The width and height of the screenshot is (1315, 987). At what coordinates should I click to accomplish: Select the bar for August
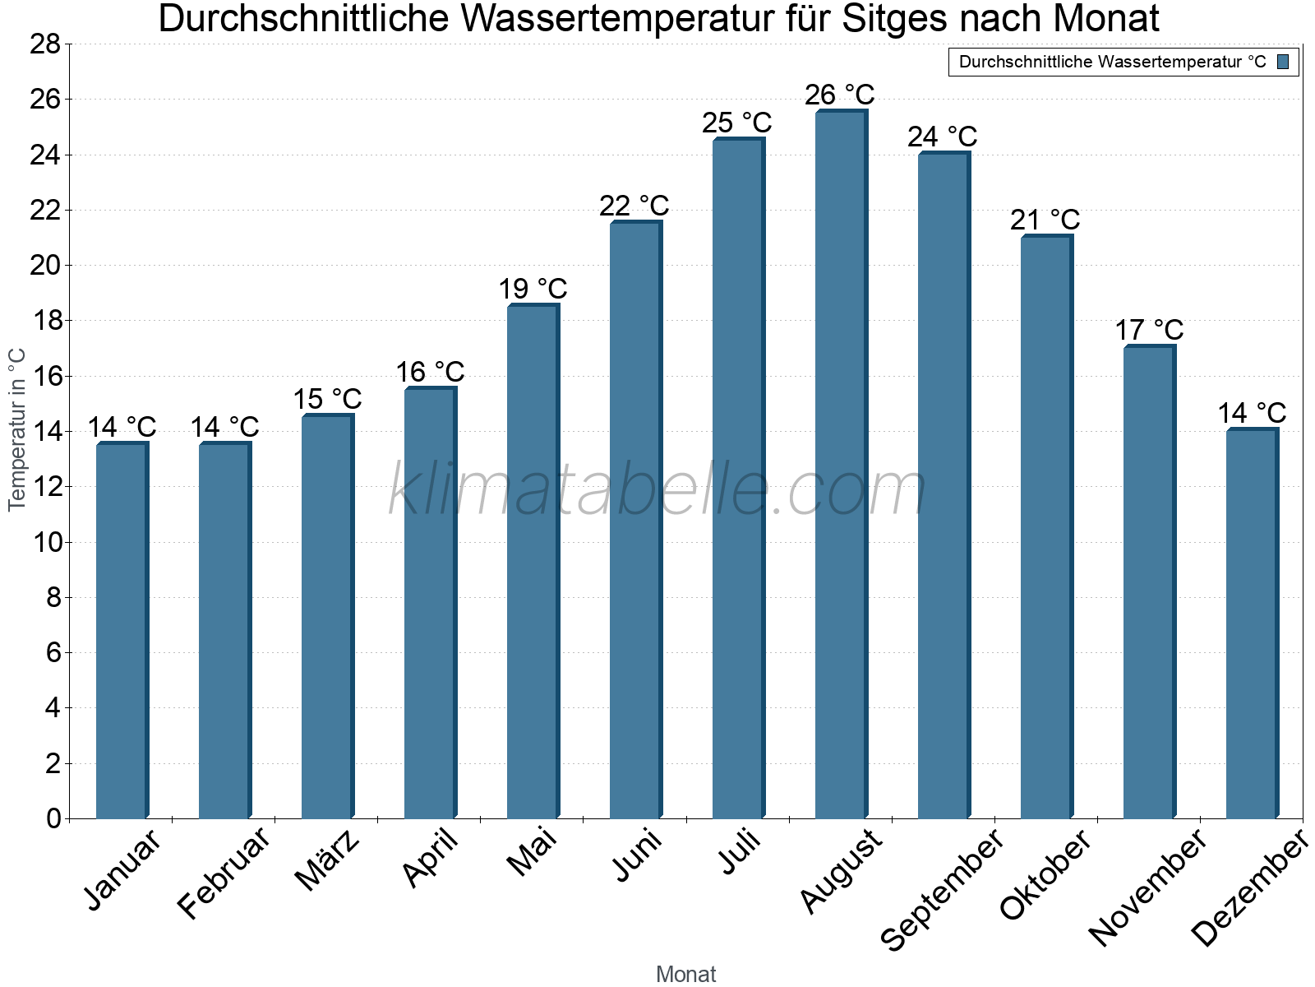[840, 465]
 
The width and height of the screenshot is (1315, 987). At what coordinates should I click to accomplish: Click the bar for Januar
[122, 631]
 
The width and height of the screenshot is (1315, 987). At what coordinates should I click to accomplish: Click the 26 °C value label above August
[839, 95]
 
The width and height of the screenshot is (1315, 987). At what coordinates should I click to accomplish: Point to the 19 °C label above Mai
[533, 290]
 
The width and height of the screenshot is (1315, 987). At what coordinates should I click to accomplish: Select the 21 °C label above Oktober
[1045, 220]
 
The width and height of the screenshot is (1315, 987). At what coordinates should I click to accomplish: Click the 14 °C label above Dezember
[1251, 413]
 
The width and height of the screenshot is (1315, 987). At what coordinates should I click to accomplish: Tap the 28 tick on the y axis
[45, 44]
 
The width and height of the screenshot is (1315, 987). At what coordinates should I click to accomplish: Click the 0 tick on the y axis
[53, 818]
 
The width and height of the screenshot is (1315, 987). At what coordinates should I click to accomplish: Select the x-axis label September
[942, 888]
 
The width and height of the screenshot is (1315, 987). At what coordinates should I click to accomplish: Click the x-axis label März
[327, 860]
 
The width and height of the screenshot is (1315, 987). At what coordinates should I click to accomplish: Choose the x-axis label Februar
[224, 872]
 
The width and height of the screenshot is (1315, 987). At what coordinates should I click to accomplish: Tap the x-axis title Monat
[685, 975]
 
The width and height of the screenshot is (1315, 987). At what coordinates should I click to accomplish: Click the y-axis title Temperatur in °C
[17, 429]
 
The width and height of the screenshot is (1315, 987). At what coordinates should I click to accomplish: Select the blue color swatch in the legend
[1283, 62]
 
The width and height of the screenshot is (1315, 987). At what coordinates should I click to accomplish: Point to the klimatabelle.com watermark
[657, 490]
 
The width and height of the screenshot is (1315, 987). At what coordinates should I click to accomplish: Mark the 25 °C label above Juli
[736, 123]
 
